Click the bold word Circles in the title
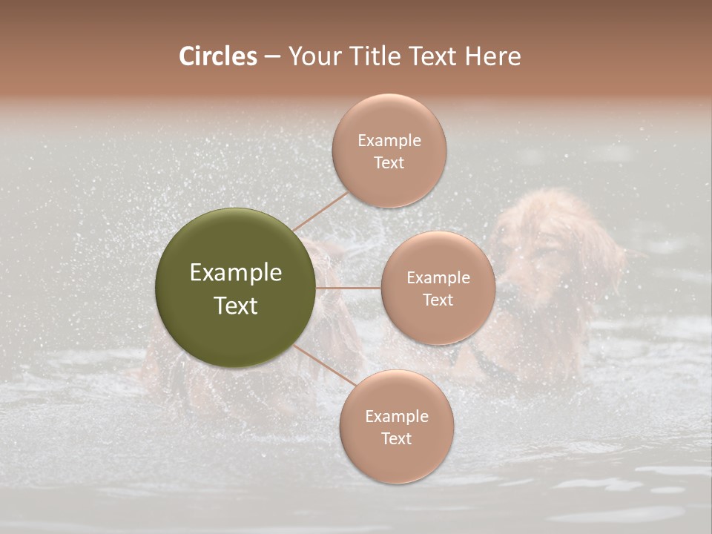point(217,56)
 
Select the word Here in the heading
point(492,56)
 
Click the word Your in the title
point(311,56)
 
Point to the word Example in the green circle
point(235,273)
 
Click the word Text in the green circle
point(235,306)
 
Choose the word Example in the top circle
point(389,141)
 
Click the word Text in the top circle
point(389,162)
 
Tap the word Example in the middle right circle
point(438,278)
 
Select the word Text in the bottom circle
point(396,438)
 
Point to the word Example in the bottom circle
point(396,417)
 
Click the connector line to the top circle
point(321,211)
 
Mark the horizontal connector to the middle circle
point(348,288)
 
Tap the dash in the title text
point(272,57)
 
